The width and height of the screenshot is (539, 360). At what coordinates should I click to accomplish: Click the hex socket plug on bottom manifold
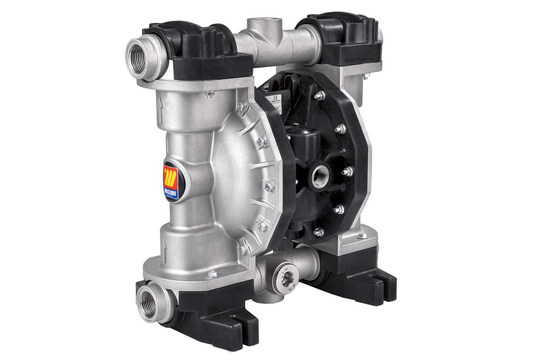pyautogui.click(x=284, y=282)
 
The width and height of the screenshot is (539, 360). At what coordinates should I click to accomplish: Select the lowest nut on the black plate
pyautogui.click(x=318, y=231)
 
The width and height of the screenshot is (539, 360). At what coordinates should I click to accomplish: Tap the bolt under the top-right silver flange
pyautogui.click(x=366, y=76)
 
